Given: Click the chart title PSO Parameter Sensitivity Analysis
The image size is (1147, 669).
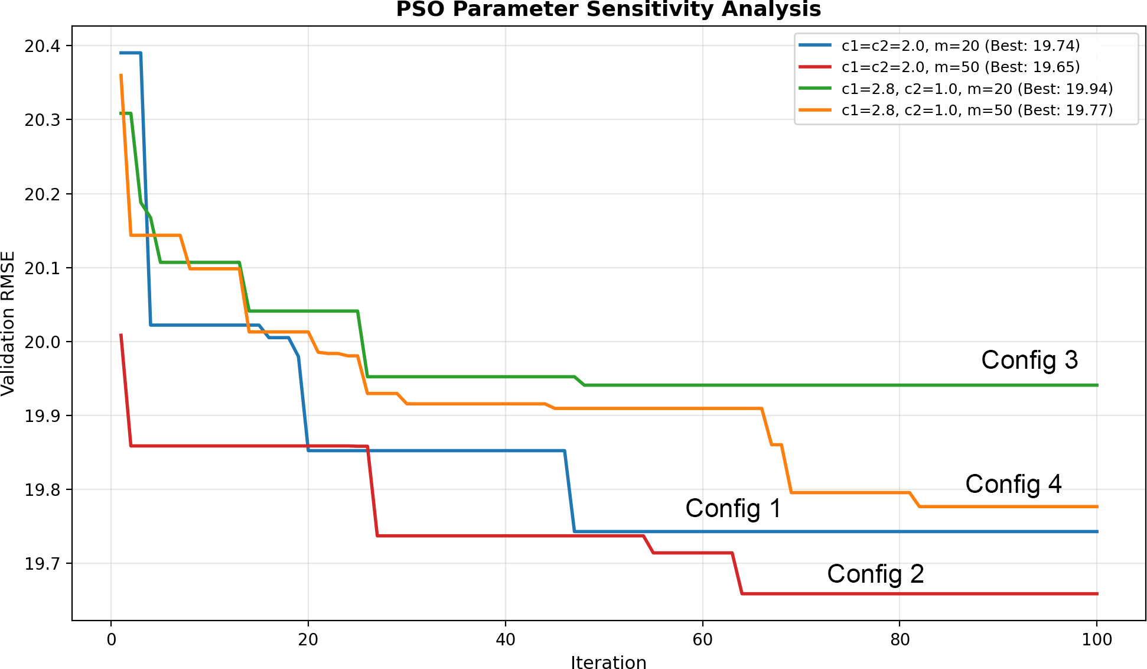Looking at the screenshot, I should [x=608, y=10].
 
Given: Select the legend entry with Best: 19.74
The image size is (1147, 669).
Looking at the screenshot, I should [x=960, y=46].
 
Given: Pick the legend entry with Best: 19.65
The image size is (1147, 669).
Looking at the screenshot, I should [x=960, y=67].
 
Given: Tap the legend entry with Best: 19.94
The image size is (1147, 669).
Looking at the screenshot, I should [x=977, y=89].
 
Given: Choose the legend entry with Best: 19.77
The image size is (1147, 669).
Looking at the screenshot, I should [x=977, y=110].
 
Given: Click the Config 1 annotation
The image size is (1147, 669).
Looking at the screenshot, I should [x=733, y=508].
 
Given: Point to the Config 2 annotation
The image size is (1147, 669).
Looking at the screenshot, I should [x=875, y=574].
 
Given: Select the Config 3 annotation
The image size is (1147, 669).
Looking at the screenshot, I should [x=1029, y=360].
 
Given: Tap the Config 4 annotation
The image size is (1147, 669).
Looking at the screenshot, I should [x=1013, y=484].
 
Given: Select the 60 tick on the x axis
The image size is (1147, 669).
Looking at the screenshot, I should [x=702, y=640].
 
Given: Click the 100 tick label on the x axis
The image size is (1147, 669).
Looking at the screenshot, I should [x=1096, y=640].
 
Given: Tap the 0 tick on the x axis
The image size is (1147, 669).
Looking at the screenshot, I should [x=111, y=640].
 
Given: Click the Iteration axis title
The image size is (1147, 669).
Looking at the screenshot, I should [x=608, y=662].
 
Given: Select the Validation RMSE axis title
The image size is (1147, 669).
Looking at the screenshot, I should [x=8, y=323].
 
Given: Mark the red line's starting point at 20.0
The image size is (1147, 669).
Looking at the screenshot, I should [x=121, y=334].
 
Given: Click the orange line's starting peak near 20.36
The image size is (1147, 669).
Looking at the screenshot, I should [x=121, y=75].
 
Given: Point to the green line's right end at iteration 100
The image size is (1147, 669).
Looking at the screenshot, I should [x=1097, y=385].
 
